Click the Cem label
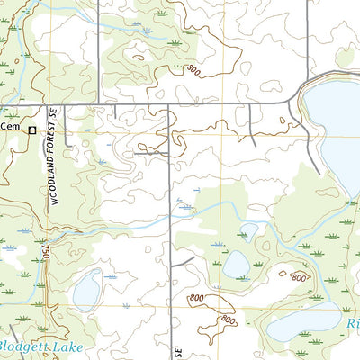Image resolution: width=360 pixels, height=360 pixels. pos(10,127)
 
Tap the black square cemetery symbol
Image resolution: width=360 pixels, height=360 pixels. pos(32,130)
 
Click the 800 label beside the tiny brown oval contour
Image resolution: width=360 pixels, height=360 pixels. pos(299,277)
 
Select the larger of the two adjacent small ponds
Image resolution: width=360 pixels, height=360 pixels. pos(236,265)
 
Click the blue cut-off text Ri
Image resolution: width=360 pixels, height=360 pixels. pos(351,321)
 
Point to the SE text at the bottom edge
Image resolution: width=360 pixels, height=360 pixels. pos(178,349)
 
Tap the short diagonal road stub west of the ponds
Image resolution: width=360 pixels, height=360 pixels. pos(184,261)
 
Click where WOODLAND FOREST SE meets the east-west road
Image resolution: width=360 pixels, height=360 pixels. pos(49,105)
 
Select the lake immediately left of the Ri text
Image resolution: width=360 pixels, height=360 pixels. pos(304,322)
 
